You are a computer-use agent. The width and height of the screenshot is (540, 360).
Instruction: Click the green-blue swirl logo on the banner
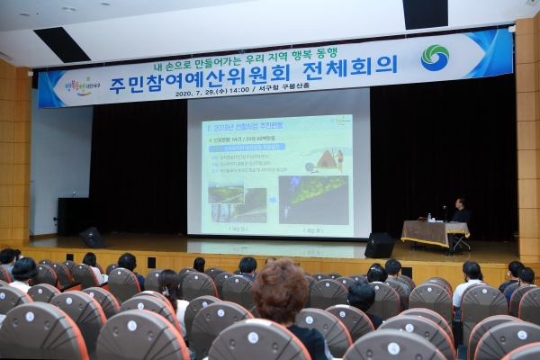point(435,58)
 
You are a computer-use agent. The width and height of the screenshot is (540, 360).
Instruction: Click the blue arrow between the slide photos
point(272,200)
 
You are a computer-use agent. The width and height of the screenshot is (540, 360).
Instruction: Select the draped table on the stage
point(434,233)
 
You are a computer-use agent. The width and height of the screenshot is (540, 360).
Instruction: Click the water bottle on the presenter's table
point(429,217)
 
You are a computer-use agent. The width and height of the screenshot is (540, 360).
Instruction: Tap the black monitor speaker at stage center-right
point(379,245)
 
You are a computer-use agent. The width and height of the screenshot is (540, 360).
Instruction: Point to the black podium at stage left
point(72,216)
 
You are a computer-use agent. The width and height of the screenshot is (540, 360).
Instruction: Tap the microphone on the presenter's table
point(445,212)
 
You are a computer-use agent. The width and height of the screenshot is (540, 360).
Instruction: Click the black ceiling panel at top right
point(425,13)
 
